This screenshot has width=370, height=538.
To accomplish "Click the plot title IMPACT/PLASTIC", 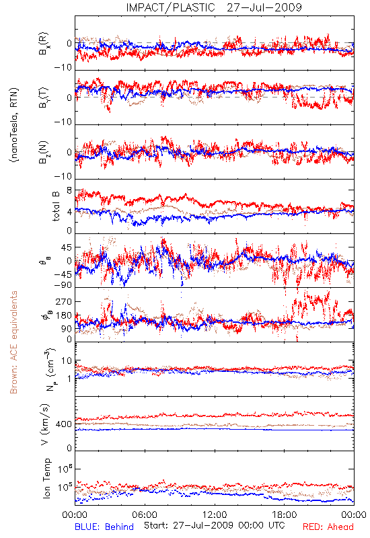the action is [x=170, y=7].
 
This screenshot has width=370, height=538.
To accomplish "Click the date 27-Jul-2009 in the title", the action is [x=264, y=7].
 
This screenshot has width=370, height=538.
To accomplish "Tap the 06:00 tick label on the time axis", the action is [x=145, y=514].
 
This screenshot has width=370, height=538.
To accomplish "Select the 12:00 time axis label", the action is [x=215, y=514].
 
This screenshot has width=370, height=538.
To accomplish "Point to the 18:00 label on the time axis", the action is [x=285, y=514].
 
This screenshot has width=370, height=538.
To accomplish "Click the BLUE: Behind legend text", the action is [x=104, y=527].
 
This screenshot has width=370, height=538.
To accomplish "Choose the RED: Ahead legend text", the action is [x=328, y=527].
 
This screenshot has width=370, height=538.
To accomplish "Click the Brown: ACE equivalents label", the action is [x=13, y=342].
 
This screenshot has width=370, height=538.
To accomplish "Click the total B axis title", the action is [x=55, y=206].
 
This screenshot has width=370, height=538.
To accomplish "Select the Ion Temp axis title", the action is [x=46, y=478].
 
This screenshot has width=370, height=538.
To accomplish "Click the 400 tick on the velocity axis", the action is [x=64, y=424].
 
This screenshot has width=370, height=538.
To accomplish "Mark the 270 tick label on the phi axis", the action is [x=64, y=301].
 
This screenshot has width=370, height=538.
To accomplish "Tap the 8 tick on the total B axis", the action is [x=69, y=190].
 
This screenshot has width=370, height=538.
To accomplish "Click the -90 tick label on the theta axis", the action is [x=63, y=285].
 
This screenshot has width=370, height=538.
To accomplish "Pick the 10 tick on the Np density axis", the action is [x=67, y=361].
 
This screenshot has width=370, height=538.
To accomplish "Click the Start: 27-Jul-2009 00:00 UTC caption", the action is [x=214, y=525].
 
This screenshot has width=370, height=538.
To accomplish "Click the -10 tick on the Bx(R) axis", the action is [x=63, y=68].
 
